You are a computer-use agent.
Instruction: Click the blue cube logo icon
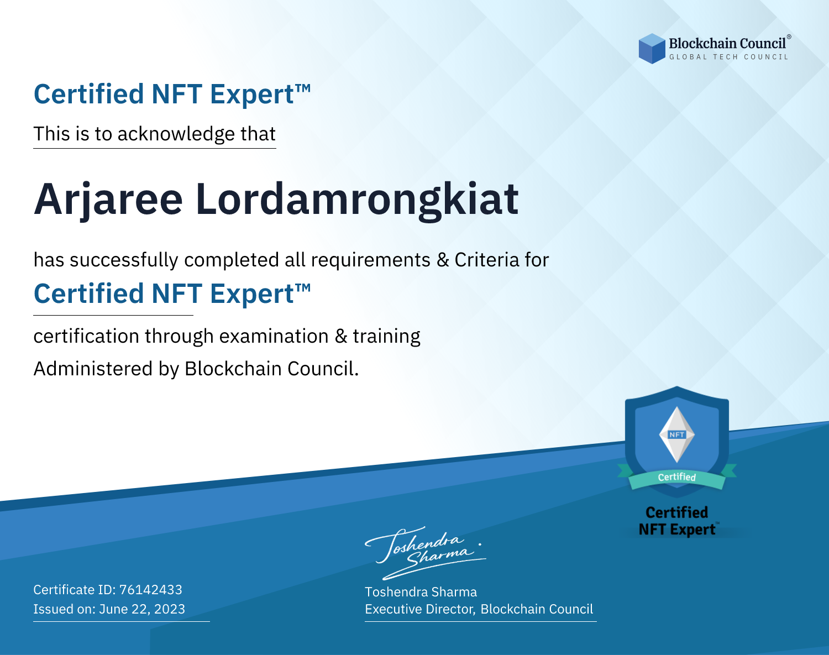pyautogui.click(x=652, y=49)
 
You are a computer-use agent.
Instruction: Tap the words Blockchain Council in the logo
pyautogui.click(x=727, y=44)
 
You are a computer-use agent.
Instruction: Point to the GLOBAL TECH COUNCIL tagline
pyautogui.click(x=728, y=57)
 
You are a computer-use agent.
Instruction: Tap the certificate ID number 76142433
pyautogui.click(x=151, y=589)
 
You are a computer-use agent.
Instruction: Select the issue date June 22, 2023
pyautogui.click(x=142, y=609)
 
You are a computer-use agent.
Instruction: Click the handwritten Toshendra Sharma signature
pyautogui.click(x=426, y=553)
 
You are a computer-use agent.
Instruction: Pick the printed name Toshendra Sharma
pyautogui.click(x=421, y=592)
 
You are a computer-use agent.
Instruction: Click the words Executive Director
pyautogui.click(x=419, y=609)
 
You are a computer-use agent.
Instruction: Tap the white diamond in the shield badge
pyautogui.click(x=677, y=434)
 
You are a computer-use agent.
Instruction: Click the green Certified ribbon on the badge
pyautogui.click(x=677, y=477)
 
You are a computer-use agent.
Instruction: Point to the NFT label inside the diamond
pyautogui.click(x=677, y=434)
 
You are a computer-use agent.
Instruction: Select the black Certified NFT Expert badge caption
pyautogui.click(x=677, y=521)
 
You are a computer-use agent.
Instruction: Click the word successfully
pyautogui.click(x=124, y=260)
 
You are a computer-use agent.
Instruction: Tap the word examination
pyautogui.click(x=274, y=336)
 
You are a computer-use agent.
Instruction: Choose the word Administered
pyautogui.click(x=93, y=369)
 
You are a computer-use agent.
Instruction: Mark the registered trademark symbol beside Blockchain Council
pyautogui.click(x=789, y=36)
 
